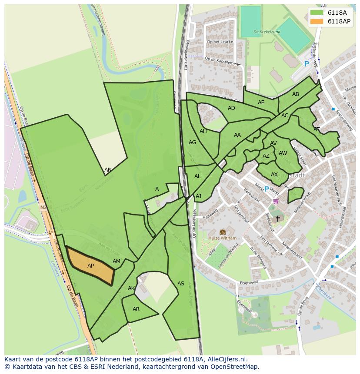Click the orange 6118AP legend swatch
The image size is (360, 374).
coord(317,21)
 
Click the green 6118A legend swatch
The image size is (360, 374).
coord(317,13)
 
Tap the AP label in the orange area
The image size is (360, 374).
coord(90,266)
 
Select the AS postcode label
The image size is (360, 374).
coord(181,284)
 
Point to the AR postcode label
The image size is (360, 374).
coord(136,309)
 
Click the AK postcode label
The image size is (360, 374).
coord(131,288)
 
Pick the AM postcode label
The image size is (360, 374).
coord(117,261)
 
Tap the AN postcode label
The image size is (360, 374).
coord(108,170)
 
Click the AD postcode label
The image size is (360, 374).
coord(231,108)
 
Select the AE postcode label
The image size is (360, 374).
coord(261,103)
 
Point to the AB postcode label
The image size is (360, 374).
coord(296,94)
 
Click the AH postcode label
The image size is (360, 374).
coord(203,131)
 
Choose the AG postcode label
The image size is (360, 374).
coord(192,142)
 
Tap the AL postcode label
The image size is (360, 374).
coord(197,176)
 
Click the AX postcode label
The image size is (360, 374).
coord(274,175)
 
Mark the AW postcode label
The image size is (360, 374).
coord(283,153)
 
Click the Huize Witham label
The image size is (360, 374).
coord(223,238)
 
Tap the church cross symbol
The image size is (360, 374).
coord(278,218)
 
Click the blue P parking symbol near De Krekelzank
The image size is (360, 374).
coord(307,64)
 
